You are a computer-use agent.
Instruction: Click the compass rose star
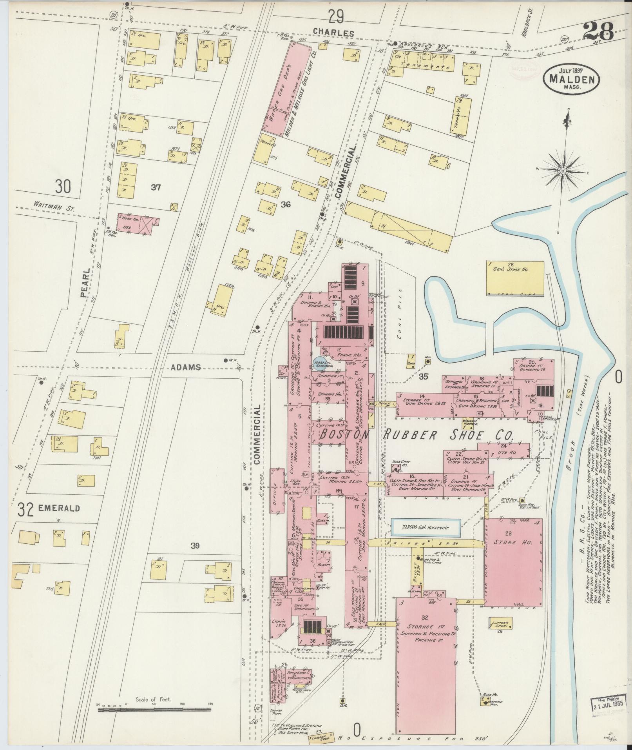563,171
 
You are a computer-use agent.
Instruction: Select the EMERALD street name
59,508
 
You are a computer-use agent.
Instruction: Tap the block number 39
195,545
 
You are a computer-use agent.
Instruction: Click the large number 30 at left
63,186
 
